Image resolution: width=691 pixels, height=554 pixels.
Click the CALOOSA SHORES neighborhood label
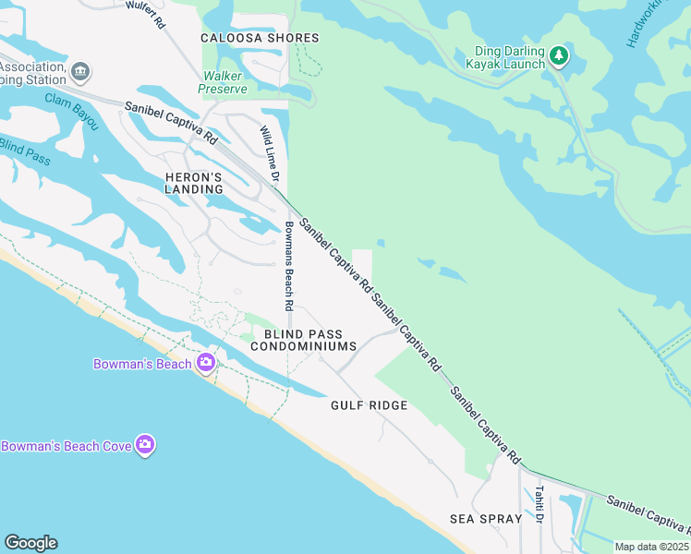click(261, 38)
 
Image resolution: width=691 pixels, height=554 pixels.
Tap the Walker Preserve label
click(223, 82)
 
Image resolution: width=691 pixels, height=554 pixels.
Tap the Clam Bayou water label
click(71, 111)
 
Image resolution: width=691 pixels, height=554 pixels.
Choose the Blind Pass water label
click(24, 151)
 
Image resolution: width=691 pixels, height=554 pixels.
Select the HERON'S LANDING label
click(194, 183)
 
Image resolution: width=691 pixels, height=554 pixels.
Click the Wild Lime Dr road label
click(269, 152)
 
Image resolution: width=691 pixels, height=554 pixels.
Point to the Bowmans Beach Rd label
click(289, 266)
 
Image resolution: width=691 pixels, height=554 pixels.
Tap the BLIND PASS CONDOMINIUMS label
click(303, 340)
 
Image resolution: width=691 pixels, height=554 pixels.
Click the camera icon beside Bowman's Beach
click(205, 363)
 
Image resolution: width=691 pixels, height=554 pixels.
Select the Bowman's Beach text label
click(142, 364)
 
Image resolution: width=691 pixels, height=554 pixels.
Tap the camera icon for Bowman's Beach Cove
click(145, 446)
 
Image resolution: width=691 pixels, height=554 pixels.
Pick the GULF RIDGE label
click(370, 405)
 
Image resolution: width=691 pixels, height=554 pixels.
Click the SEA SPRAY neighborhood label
click(486, 519)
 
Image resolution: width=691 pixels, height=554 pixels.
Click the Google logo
click(30, 543)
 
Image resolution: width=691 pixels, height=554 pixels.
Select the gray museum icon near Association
click(81, 71)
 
